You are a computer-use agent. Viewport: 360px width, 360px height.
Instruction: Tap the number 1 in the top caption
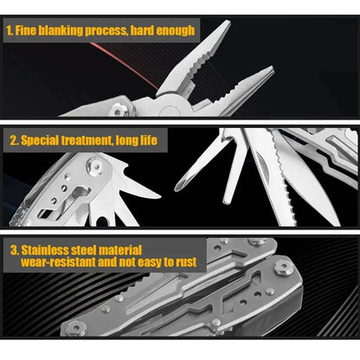[x=9, y=31]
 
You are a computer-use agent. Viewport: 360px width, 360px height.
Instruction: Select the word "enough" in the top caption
[x=177, y=31]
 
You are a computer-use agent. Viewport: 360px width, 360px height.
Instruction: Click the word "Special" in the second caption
[x=41, y=139]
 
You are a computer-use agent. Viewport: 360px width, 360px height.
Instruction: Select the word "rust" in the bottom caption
[x=183, y=260]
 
